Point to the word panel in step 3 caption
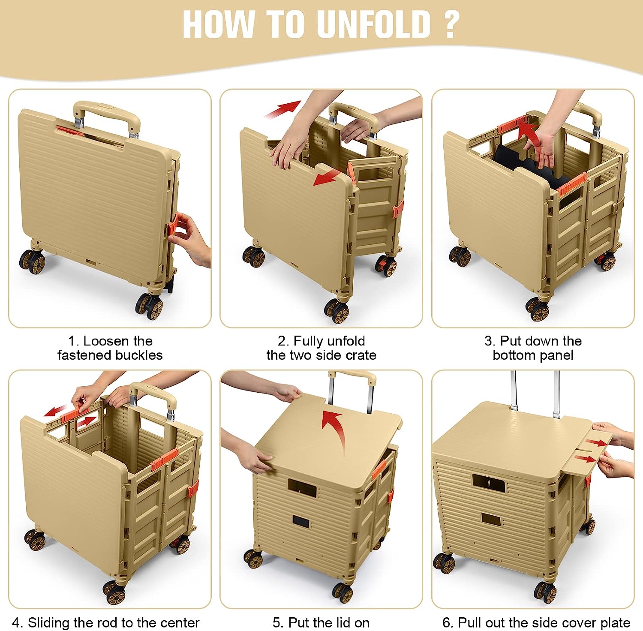553,355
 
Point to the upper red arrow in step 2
282,109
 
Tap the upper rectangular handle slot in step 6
489,481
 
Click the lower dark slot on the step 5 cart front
301,522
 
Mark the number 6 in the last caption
447,622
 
